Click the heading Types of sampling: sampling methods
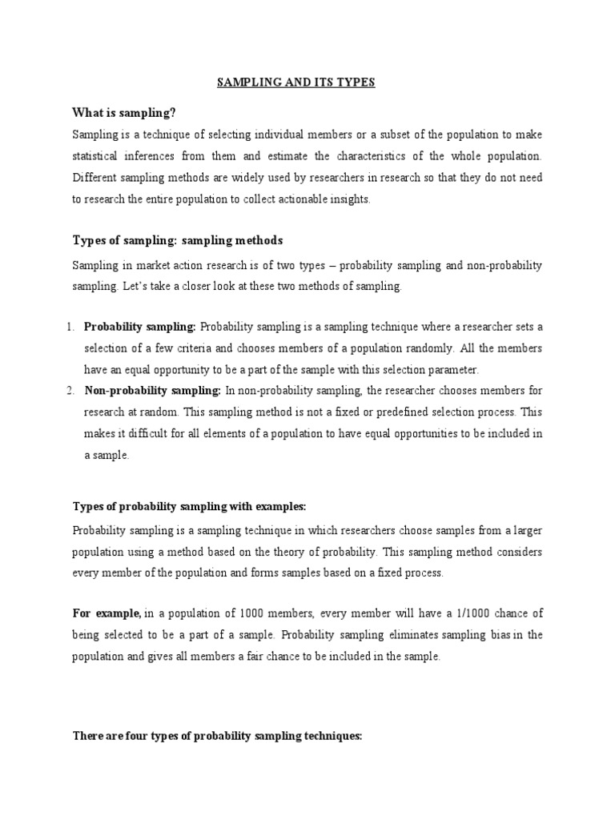tap(178, 240)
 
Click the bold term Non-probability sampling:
tap(152, 390)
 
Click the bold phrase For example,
tap(107, 613)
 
